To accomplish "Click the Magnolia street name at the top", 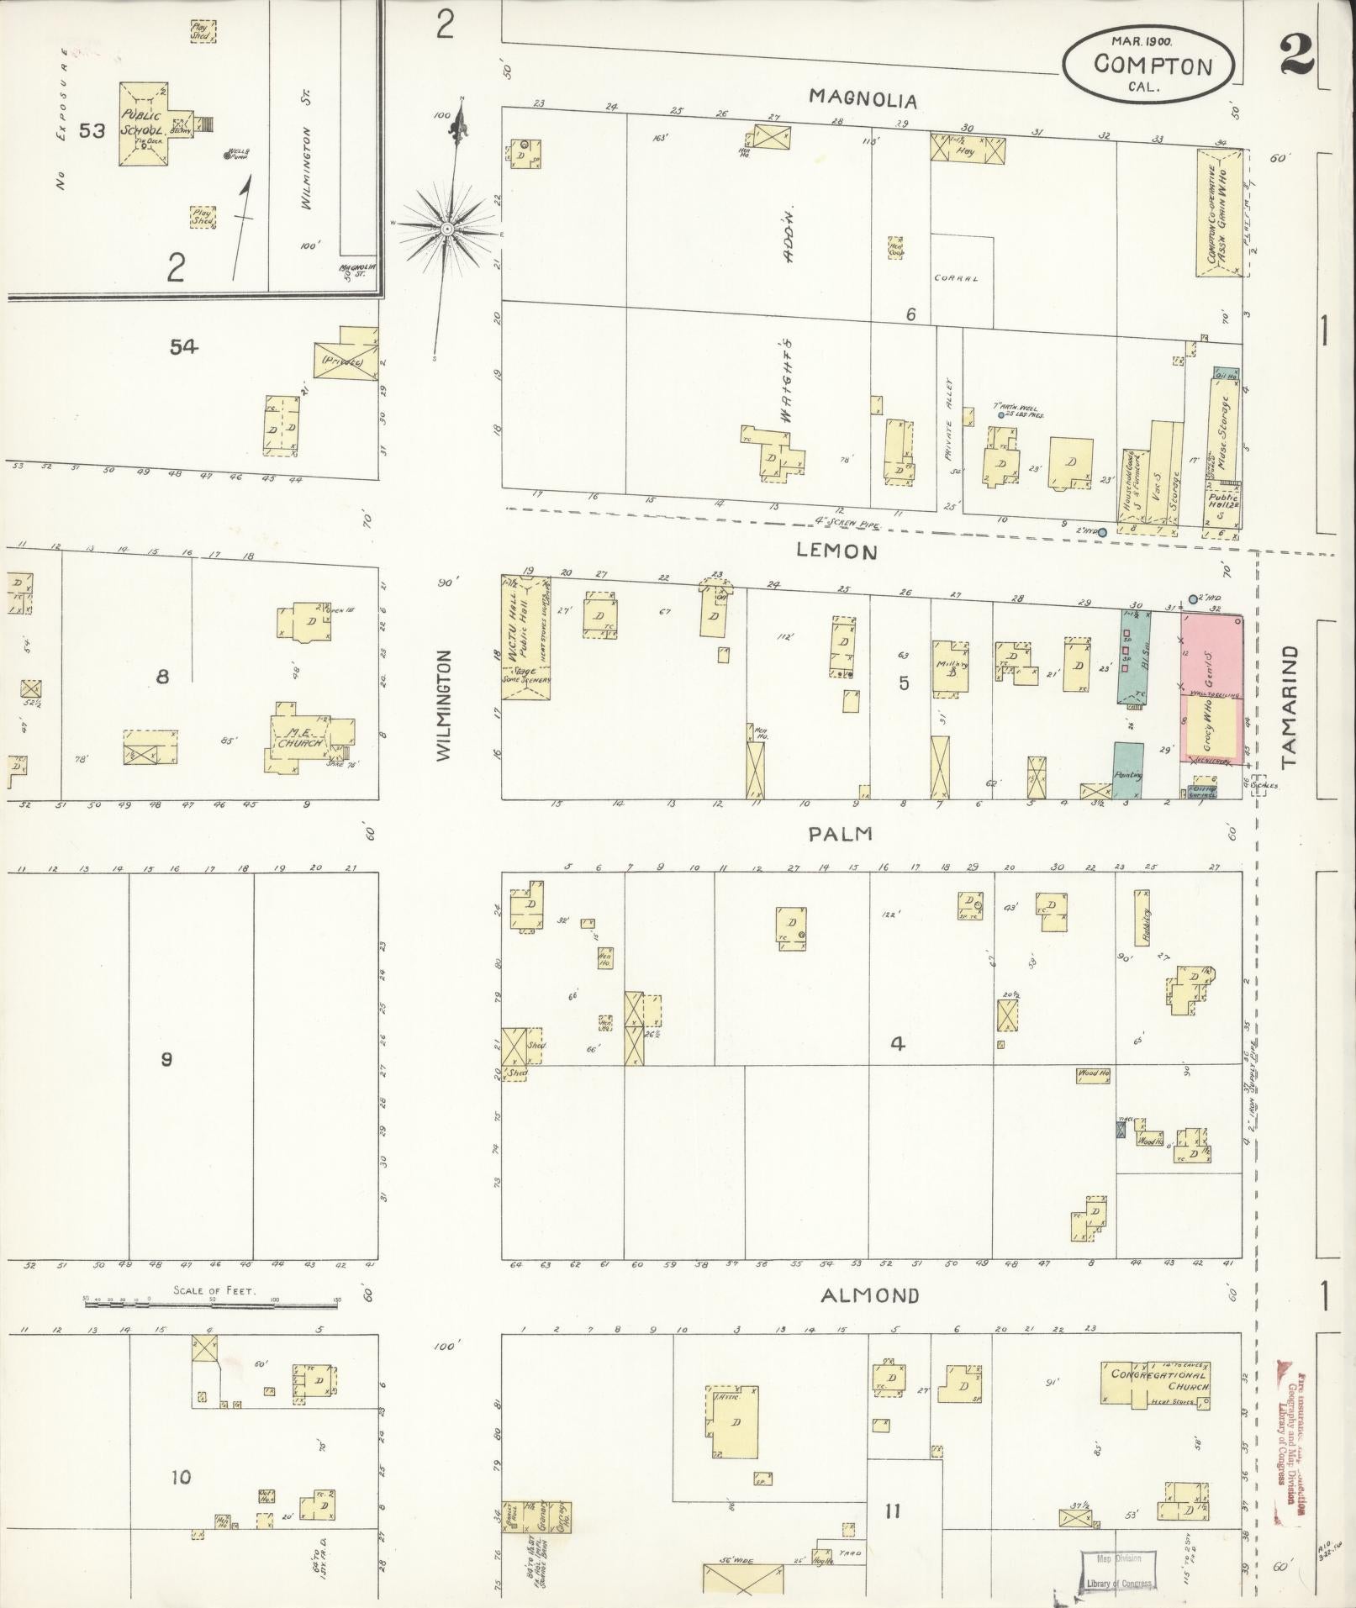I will (863, 99).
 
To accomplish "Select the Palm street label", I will (840, 834).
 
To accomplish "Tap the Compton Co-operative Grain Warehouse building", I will (1218, 213).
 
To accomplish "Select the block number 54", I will (182, 346).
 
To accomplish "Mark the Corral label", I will (956, 278).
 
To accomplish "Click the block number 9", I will (166, 1058).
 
